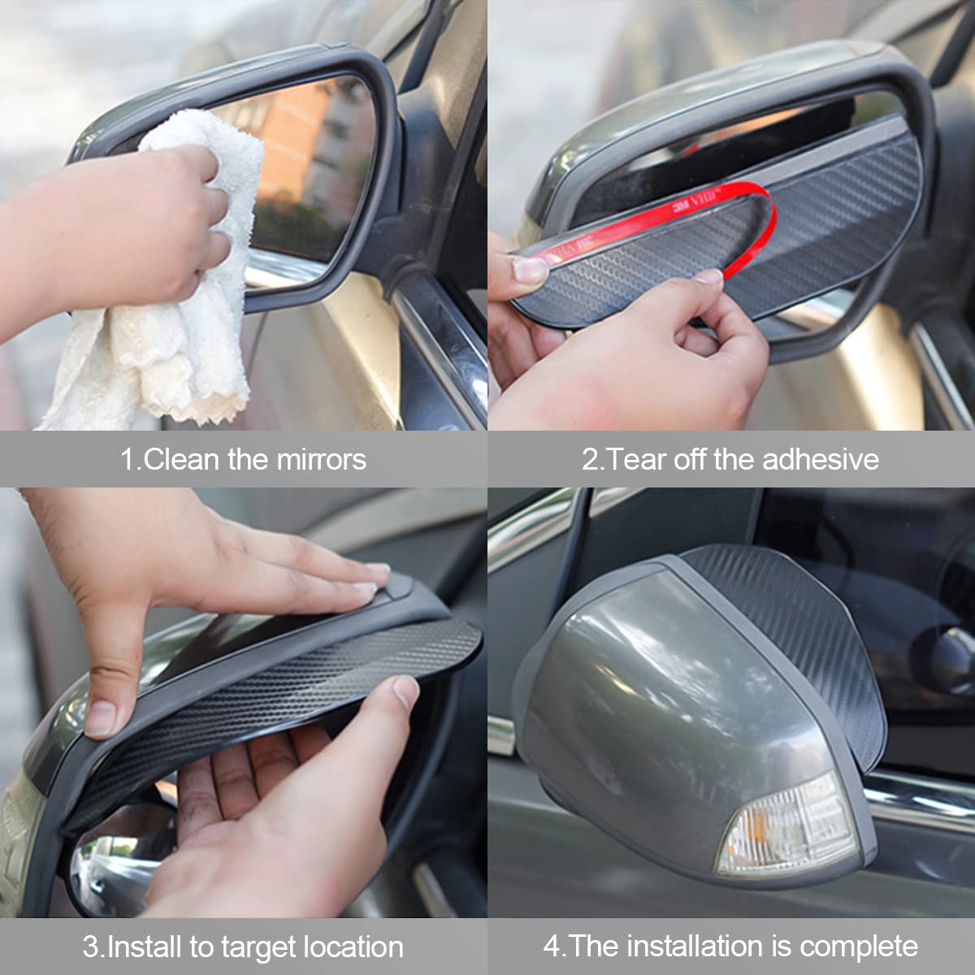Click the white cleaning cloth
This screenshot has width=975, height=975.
(162, 325)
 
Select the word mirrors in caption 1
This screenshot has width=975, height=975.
(321, 459)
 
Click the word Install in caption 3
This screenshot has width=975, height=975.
(145, 947)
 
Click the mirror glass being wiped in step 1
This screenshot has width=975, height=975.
(325, 162)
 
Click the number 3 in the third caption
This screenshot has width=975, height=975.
(90, 947)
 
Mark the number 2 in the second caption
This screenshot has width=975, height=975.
(590, 459)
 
